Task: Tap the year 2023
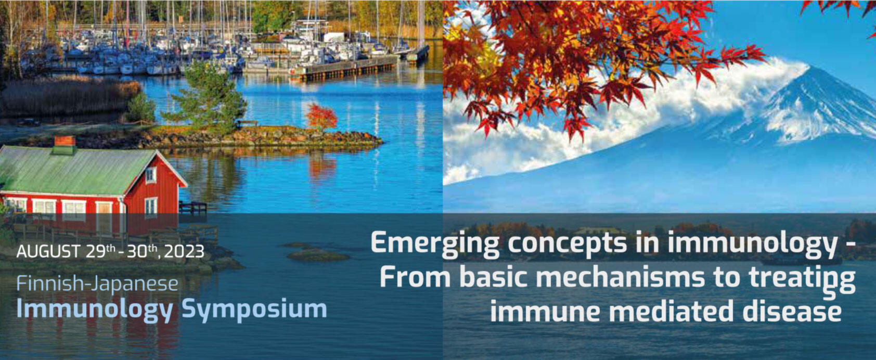pyautogui.click(x=184, y=252)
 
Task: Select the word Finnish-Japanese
pyautogui.click(x=97, y=284)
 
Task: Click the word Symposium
pyautogui.click(x=254, y=310)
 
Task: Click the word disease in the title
pyautogui.click(x=792, y=312)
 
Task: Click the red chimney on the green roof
pyautogui.click(x=65, y=145)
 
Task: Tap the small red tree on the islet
pyautogui.click(x=321, y=116)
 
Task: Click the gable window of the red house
pyautogui.click(x=150, y=174)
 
